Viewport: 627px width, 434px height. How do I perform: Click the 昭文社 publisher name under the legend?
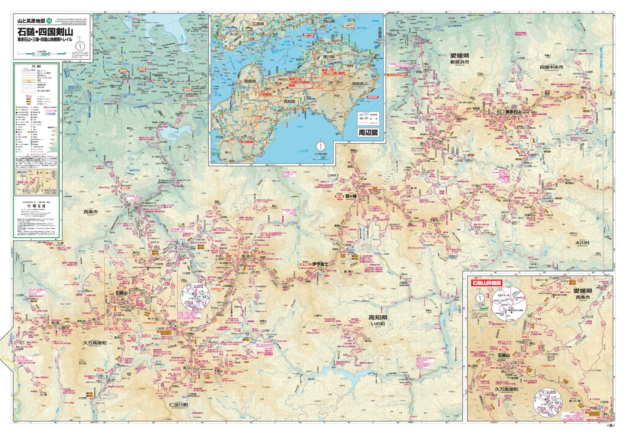(x=36, y=207)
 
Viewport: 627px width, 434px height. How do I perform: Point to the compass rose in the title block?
(x=80, y=45)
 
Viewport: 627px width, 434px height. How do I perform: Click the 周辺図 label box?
(x=368, y=132)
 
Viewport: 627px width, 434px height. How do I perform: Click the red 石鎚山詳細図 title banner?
(x=486, y=283)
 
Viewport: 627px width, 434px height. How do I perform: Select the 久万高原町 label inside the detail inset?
(x=510, y=389)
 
